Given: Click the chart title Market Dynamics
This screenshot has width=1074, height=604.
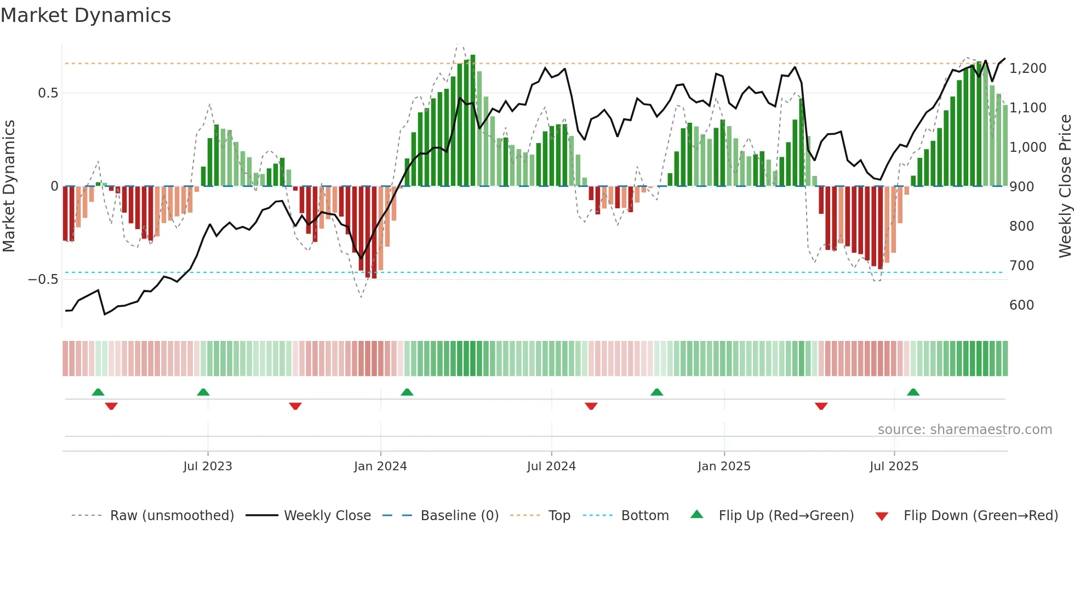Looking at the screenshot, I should [x=85, y=15].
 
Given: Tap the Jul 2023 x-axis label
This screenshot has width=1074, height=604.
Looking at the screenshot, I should [x=208, y=466].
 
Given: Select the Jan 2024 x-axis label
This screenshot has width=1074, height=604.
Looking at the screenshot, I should [x=380, y=466].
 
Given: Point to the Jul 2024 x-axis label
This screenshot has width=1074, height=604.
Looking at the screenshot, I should [x=551, y=466].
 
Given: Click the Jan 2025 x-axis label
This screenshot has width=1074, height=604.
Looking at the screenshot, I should [x=724, y=466].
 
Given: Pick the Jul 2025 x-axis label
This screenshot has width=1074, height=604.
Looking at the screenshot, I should [x=894, y=466].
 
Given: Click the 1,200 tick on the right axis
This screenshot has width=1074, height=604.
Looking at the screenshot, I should [x=1027, y=69].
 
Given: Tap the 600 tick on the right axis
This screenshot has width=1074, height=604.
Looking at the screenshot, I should [x=1021, y=305].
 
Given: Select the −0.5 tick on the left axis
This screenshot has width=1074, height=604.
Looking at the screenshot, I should [x=43, y=280].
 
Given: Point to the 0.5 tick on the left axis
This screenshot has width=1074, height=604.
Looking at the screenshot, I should [x=48, y=93].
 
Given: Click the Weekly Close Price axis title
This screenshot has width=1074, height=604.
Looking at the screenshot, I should [x=1065, y=186].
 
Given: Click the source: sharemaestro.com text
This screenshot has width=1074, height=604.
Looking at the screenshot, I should [x=964, y=430].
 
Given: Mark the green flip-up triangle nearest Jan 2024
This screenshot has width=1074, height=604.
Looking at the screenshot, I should [x=407, y=392].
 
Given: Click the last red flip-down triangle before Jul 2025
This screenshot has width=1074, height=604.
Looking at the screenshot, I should [x=821, y=406].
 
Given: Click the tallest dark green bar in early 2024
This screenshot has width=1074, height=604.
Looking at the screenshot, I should [x=473, y=121].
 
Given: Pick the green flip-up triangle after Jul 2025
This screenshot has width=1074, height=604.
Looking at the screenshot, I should [x=913, y=392].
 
